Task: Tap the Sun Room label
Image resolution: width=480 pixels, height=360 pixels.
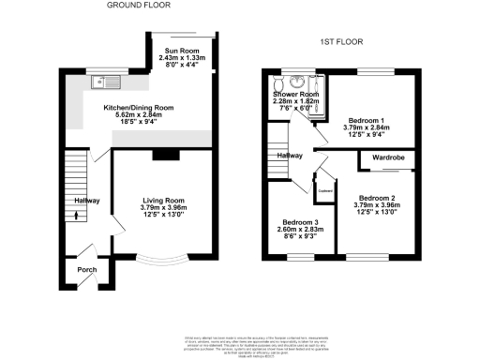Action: coord(183,53)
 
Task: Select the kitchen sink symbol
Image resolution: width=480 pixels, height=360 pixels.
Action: coord(102,82)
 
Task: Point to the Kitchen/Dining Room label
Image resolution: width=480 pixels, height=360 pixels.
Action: coord(139,108)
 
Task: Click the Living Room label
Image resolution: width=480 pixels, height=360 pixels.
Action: coord(163,201)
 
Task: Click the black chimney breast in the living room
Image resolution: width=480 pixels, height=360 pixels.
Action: coord(166,156)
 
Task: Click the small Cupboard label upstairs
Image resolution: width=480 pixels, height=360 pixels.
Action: coord(326,190)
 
